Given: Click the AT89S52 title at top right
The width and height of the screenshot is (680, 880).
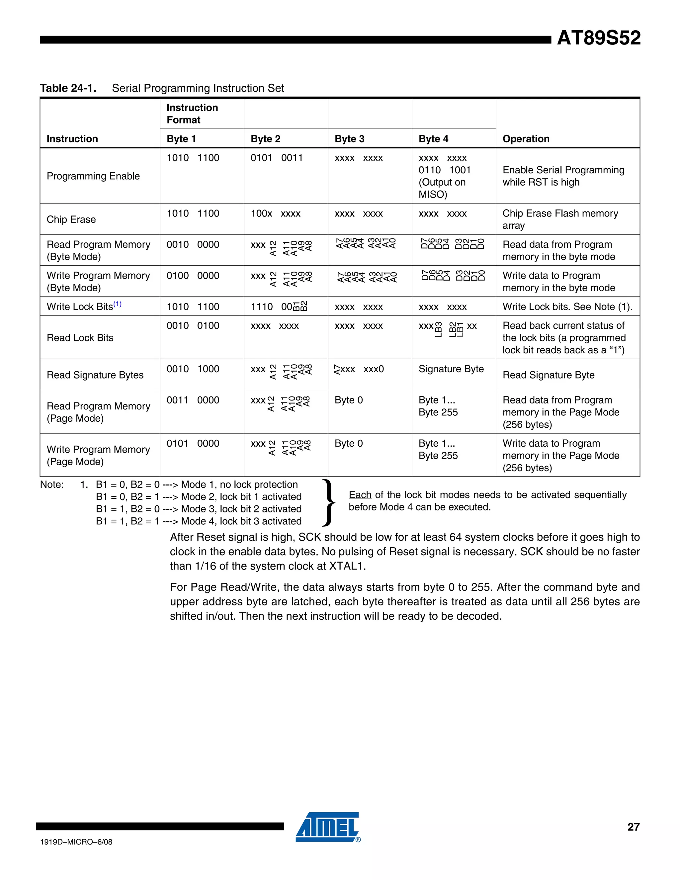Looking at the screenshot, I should coord(598,38).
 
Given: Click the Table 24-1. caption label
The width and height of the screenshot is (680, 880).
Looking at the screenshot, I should coord(68,88).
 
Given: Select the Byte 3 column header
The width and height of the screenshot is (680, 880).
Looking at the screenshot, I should coord(349,139).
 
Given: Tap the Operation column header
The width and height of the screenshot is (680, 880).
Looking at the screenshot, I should coord(526,139).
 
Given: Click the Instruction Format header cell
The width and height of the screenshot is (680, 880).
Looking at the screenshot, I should coord(192,114).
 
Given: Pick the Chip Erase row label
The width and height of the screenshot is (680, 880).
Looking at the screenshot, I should coord(71,220).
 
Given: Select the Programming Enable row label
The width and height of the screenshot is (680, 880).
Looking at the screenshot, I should coord(93,176).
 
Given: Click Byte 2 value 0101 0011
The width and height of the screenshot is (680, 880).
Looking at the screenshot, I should coord(276,158).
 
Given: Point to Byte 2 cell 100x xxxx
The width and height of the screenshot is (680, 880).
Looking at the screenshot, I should coord(276,214).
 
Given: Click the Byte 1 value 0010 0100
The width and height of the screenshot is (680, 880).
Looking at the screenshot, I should coord(193,325).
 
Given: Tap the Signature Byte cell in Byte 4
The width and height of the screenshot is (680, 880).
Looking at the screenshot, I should coord(451,369).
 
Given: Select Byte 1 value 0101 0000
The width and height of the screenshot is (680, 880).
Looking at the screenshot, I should coord(193,444).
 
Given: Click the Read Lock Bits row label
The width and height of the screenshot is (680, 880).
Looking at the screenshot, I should coord(80,338).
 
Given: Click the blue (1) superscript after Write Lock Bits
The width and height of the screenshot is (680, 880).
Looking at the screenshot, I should coord(117,304).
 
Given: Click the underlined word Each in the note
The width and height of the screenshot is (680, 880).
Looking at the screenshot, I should coord(360,495).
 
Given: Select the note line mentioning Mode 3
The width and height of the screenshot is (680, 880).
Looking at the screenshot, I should coord(199,509).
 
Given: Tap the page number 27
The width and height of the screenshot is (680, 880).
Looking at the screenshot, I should coord(633,827).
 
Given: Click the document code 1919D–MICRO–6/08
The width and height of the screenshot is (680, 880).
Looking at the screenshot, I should coord(76,842).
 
